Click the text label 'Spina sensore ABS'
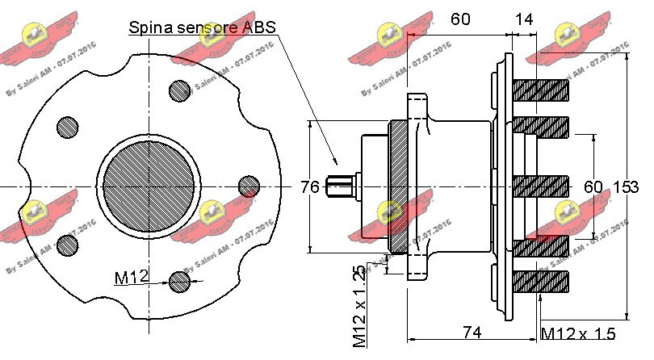pos(203,27)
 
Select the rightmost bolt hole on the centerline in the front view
pos(249,186)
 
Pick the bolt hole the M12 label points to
pos(180,280)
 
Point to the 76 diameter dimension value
pos(310,187)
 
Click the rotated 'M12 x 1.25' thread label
pos(359,306)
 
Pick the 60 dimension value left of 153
pos(593,187)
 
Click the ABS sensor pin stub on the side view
pos(340,186)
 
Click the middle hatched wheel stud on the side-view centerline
pos(541,186)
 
